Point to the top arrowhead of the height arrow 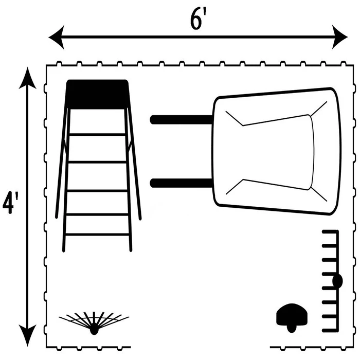pyautogui.click(x=28, y=78)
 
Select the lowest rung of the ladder pyautogui.click(x=97, y=235)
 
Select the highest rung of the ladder pyautogui.click(x=97, y=134)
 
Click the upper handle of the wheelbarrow pyautogui.click(x=180, y=119)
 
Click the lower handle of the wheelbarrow pyautogui.click(x=180, y=183)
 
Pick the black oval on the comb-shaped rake pyautogui.click(x=337, y=281)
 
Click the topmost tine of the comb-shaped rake pyautogui.click(x=329, y=235)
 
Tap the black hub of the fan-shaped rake pyautogui.click(x=94, y=331)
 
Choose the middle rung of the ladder pyautogui.click(x=97, y=190)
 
